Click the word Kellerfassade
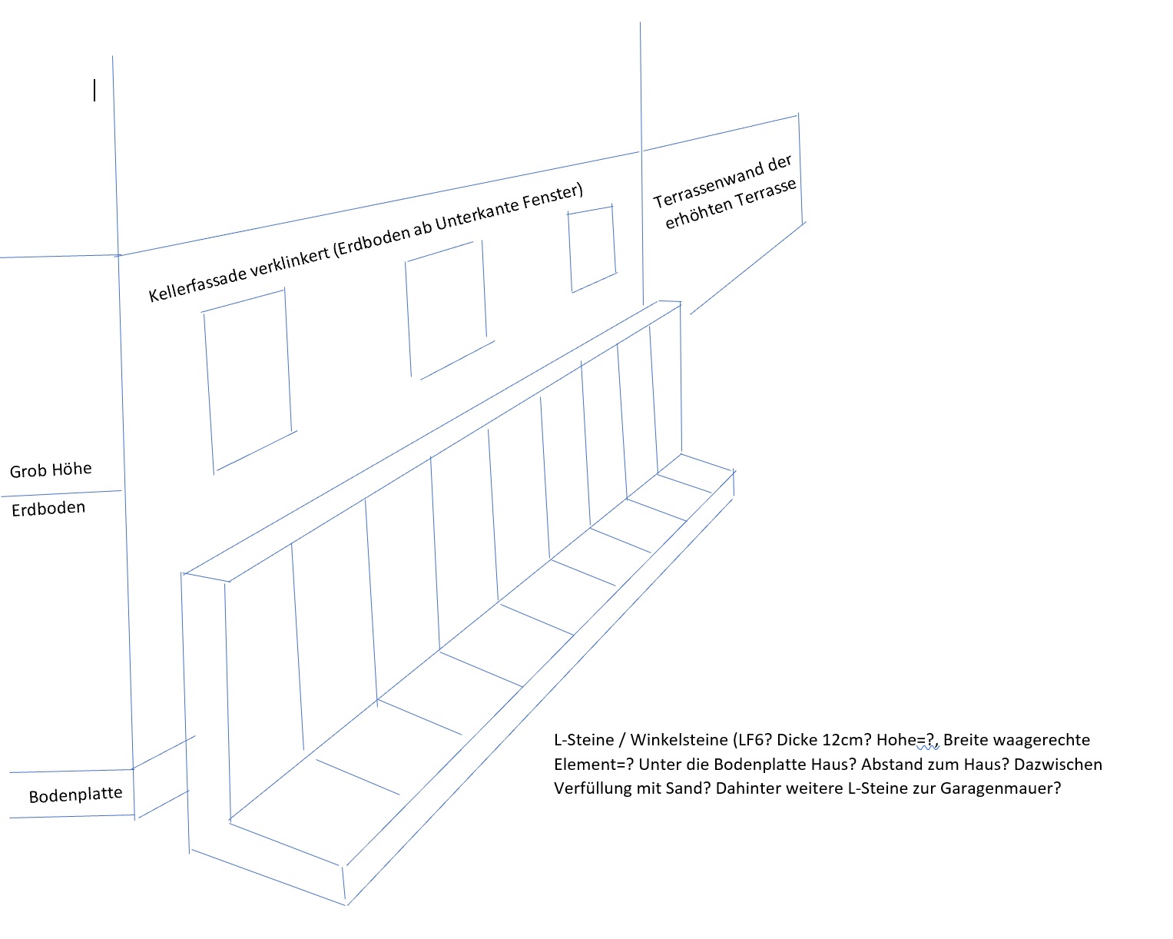197,280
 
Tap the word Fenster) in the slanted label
553,196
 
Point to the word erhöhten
698,214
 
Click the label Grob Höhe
51,469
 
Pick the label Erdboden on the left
48,508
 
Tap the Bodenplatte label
76,795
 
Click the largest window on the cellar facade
249,382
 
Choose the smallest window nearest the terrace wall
592,249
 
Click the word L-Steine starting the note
584,740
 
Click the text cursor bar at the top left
94,90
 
